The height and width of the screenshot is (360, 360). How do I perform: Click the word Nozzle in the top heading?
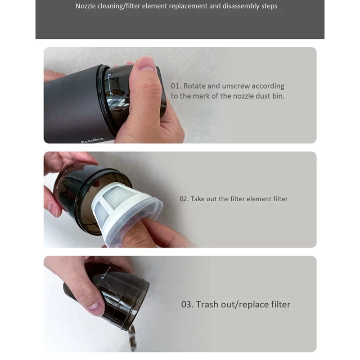click(x=86, y=6)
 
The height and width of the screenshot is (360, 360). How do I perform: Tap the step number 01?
click(x=175, y=86)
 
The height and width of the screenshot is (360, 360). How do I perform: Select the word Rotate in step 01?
click(x=195, y=86)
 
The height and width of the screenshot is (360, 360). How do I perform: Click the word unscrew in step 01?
click(x=235, y=86)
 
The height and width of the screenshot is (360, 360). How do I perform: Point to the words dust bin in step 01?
click(x=269, y=96)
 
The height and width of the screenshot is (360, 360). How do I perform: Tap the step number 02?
click(x=184, y=198)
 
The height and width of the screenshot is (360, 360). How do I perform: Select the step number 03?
click(x=187, y=305)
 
